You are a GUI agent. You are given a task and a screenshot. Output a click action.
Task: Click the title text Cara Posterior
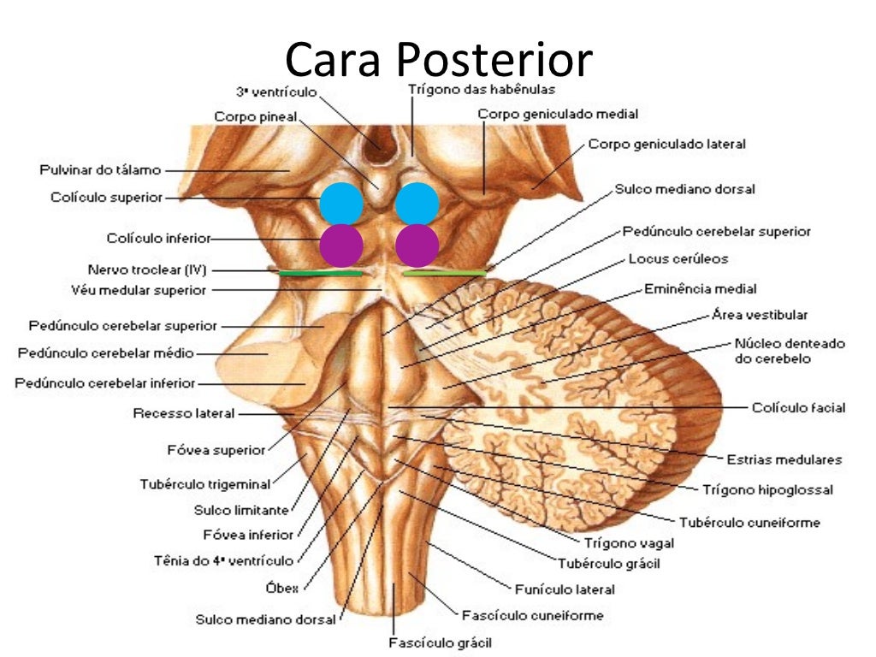[x=438, y=60]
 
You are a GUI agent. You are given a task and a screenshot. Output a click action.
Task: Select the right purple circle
[x=417, y=245]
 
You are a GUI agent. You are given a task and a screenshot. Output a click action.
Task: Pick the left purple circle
[x=341, y=245]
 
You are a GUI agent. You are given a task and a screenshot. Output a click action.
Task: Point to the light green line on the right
[x=444, y=274]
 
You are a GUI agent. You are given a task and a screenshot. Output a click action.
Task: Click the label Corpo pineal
[x=255, y=117]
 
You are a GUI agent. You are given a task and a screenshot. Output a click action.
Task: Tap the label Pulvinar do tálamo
[x=100, y=170]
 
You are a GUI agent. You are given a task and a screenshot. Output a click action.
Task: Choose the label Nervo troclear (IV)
[x=146, y=269]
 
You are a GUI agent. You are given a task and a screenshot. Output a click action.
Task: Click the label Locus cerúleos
[x=678, y=258]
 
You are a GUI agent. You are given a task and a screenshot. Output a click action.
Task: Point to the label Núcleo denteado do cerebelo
[x=789, y=351]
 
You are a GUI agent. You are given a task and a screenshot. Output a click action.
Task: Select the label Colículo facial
[x=797, y=408]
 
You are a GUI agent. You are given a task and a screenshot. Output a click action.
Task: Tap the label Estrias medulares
[x=784, y=459]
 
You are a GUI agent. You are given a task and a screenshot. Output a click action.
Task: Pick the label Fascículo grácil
[x=440, y=642]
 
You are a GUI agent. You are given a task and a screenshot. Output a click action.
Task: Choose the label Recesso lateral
[x=183, y=414]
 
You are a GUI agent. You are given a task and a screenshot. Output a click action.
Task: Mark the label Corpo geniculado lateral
[x=666, y=145]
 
